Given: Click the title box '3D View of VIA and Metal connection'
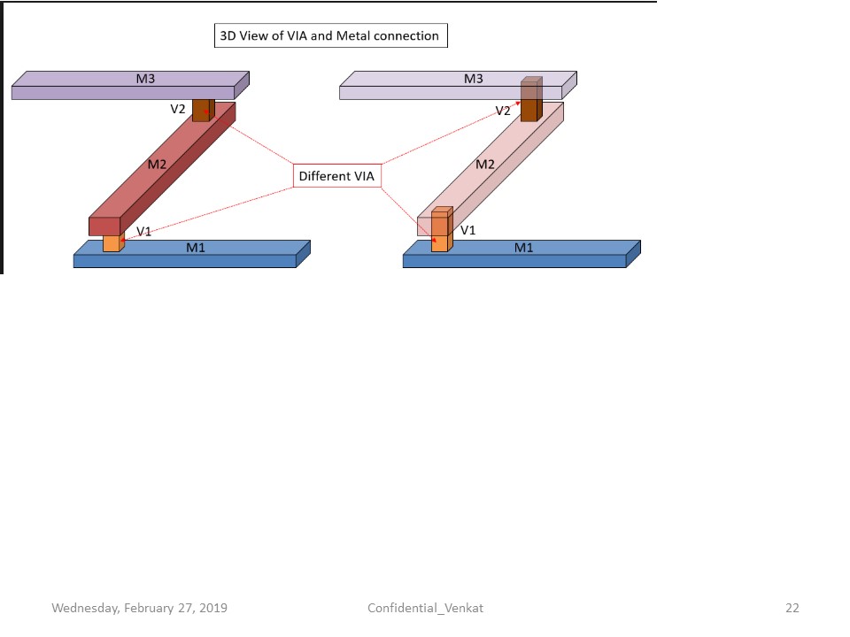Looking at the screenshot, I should tap(329, 36).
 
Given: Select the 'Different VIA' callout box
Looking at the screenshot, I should tap(336, 176).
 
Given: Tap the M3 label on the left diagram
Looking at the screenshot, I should tap(145, 79).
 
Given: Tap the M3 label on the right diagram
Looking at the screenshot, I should tap(474, 79).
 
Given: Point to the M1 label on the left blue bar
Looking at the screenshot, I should tap(196, 247).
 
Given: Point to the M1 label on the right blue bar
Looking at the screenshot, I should tap(524, 247).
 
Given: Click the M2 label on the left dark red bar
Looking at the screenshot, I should tap(157, 164).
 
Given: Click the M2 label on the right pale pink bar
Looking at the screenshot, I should tap(485, 164).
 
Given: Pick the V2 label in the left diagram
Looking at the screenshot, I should tap(179, 110).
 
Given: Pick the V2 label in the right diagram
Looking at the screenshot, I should tap(503, 111).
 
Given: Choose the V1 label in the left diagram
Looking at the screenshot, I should tap(143, 231).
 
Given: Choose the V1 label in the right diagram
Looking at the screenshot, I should tap(468, 230).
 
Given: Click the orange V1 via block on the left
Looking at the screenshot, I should tap(111, 243).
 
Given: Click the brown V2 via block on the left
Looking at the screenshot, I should tap(202, 110).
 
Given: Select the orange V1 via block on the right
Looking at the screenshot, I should tap(440, 232).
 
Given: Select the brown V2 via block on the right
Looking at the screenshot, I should tap(529, 102).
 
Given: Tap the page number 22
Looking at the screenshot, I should tap(792, 608).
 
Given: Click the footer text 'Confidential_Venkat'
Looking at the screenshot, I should tap(425, 608).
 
